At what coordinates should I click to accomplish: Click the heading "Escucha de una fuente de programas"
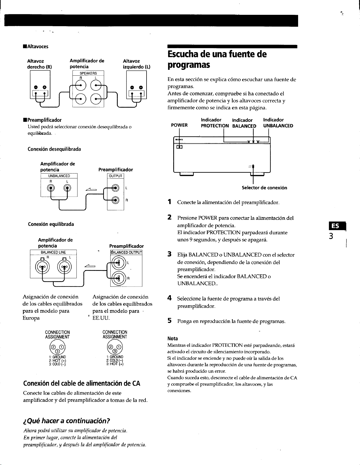tap(217, 60)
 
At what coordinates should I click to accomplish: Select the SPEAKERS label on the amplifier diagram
tap(88, 73)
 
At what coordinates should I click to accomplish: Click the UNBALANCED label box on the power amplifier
tap(59, 176)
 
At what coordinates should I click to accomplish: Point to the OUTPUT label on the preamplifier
tap(116, 176)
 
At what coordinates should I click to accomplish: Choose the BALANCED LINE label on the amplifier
tap(53, 252)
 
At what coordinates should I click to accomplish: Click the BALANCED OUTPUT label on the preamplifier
tap(126, 252)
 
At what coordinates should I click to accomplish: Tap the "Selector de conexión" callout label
tap(265, 188)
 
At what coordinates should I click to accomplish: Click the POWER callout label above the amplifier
tap(179, 125)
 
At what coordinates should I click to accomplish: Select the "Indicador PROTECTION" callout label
tap(215, 123)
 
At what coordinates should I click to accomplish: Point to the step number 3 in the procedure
tap(170, 255)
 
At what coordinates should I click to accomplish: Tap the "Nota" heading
tap(173, 339)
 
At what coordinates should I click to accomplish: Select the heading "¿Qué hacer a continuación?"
tap(66, 421)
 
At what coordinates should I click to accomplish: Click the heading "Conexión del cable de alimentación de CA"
tap(82, 383)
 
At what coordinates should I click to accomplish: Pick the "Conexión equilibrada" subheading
tap(51, 224)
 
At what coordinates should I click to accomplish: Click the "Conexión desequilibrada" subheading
tap(54, 149)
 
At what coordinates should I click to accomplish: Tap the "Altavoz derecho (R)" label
tap(40, 64)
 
